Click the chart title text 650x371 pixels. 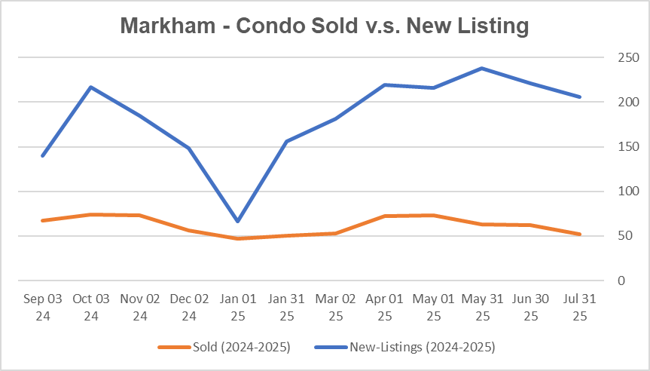click(x=325, y=26)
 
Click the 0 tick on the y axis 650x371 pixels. click(x=621, y=281)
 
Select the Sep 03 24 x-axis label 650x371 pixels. click(x=42, y=308)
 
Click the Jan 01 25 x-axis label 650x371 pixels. click(x=238, y=308)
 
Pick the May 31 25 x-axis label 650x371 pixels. click(x=482, y=308)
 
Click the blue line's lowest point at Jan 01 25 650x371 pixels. click(x=238, y=221)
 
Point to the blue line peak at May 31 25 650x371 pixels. click(x=482, y=69)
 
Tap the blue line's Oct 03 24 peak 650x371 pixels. click(x=91, y=87)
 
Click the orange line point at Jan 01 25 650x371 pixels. click(x=238, y=238)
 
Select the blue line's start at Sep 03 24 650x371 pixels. click(x=42, y=155)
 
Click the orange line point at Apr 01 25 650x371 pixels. click(x=384, y=216)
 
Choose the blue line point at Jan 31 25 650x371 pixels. click(x=287, y=141)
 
